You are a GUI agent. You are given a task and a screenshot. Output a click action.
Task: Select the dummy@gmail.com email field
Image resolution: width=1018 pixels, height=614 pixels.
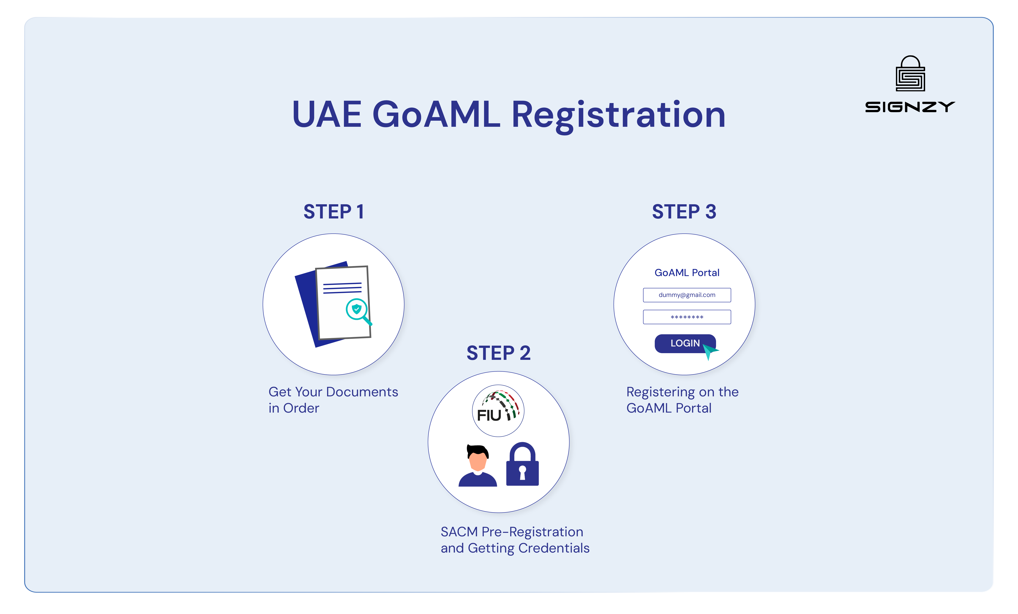tap(687, 295)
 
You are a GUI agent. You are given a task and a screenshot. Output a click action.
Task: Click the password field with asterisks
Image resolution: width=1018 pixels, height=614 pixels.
tap(687, 317)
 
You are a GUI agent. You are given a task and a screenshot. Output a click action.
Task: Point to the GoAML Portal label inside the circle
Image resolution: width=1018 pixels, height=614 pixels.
tap(687, 273)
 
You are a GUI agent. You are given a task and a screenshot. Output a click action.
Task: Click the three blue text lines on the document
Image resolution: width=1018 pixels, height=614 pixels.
tap(342, 288)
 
